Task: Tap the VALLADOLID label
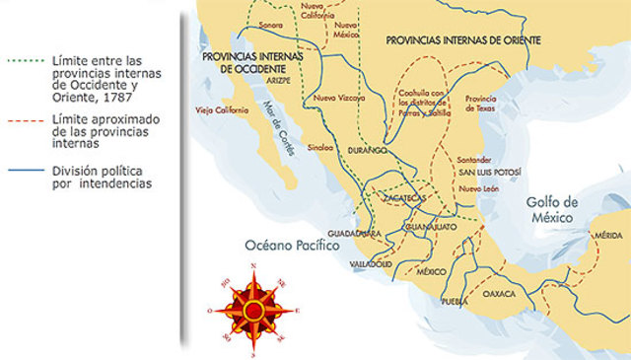[371, 265]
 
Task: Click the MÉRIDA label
[606, 236]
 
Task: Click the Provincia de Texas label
[481, 103]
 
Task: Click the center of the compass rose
[254, 310]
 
